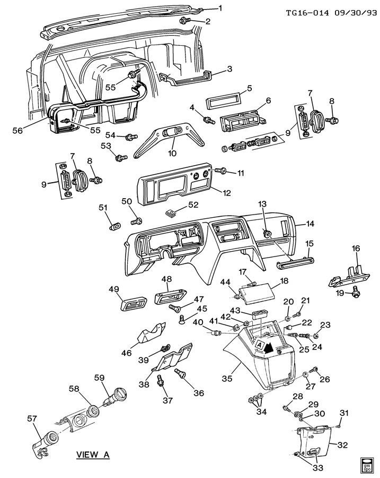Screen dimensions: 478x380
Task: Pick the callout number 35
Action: coord(226,379)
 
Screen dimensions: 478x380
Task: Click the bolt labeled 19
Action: coord(356,291)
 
